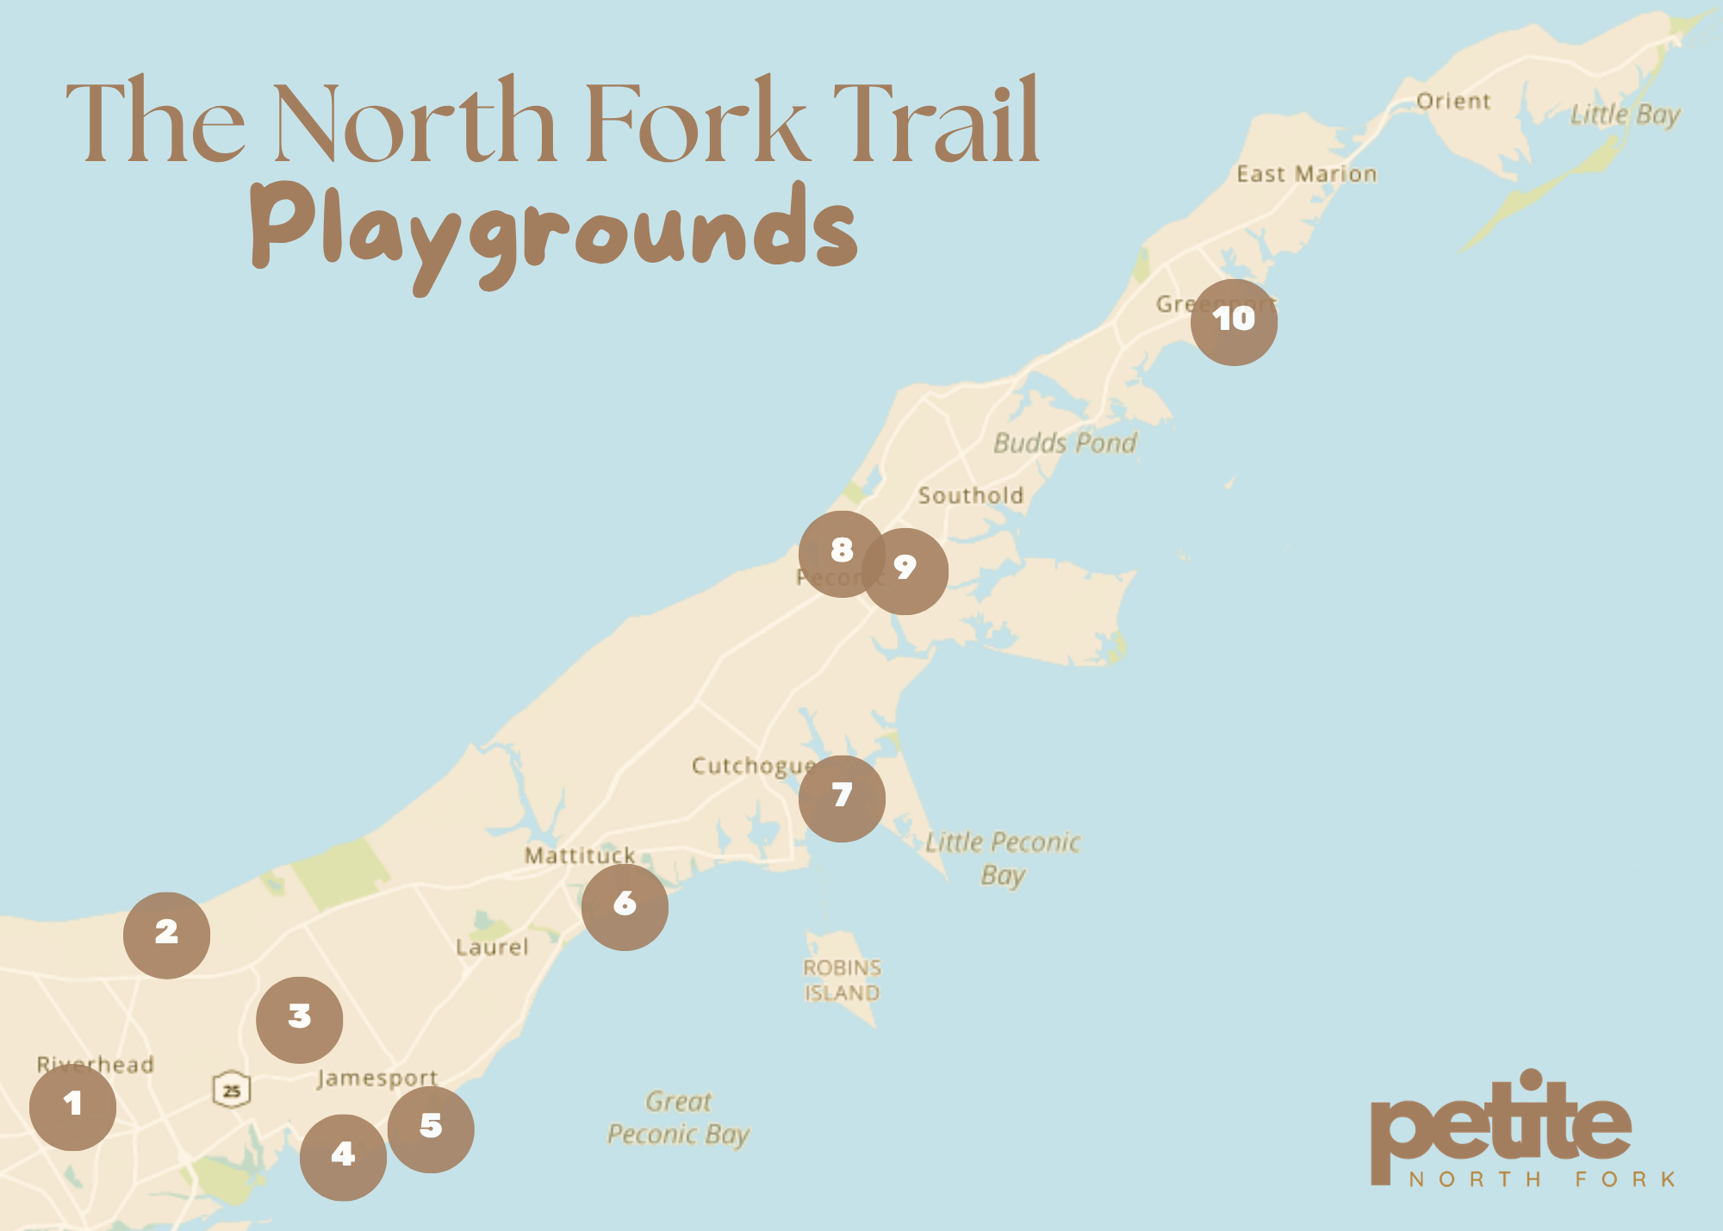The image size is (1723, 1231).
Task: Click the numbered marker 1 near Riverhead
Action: tap(72, 1107)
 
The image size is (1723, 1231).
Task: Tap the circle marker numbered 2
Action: tap(166, 935)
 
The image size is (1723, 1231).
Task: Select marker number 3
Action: tap(299, 1019)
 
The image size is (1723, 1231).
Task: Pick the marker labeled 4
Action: tap(343, 1157)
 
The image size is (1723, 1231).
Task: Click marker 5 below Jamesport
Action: tap(431, 1128)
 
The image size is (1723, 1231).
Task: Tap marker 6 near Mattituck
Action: tap(625, 907)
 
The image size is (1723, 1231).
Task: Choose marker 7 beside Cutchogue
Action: tap(842, 799)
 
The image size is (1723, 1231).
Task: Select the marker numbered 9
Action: tap(905, 571)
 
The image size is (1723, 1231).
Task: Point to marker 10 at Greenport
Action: tap(1234, 322)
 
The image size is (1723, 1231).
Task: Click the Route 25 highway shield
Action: tap(232, 1090)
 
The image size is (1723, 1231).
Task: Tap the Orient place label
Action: tap(1453, 101)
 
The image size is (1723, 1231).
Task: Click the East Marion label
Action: tap(1307, 174)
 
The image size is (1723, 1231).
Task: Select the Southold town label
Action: tap(971, 495)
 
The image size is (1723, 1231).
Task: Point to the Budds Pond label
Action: tap(1065, 443)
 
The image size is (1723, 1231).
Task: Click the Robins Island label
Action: tap(842, 980)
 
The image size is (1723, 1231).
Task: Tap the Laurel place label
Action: tap(492, 947)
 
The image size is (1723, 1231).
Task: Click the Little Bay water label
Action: tap(1625, 115)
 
